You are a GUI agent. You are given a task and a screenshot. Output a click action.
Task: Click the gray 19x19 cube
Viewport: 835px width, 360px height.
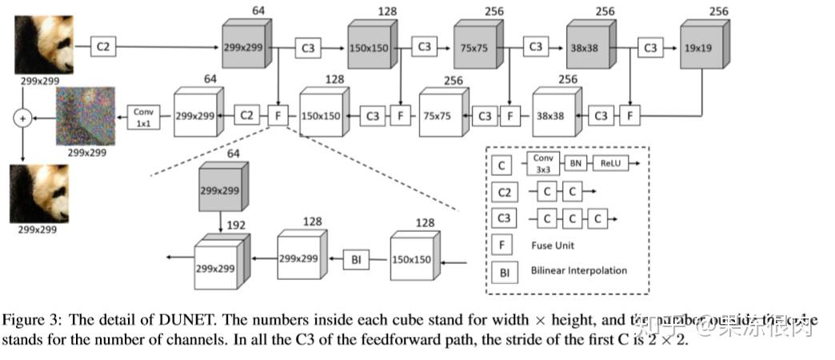click(x=701, y=48)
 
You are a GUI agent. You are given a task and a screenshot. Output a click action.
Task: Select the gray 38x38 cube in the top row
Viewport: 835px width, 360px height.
click(x=589, y=48)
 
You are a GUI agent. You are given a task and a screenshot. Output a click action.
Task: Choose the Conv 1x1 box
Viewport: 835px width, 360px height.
click(x=143, y=115)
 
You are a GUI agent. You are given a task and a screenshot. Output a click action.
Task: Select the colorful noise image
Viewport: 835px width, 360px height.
click(x=85, y=116)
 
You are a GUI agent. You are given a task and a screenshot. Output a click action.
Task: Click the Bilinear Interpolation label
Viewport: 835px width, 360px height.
click(x=578, y=270)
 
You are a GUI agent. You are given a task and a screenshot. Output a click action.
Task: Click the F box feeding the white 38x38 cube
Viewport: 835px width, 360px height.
click(x=630, y=115)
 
